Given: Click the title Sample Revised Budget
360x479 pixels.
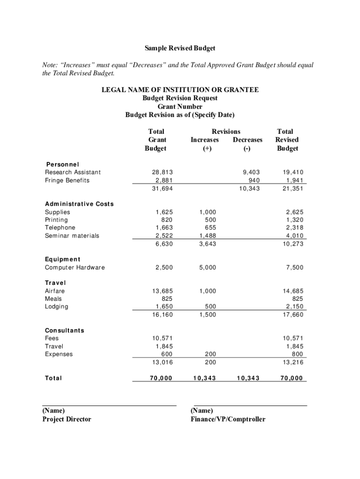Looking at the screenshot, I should coord(180,49).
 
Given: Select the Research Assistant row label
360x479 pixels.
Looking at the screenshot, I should coord(72,172).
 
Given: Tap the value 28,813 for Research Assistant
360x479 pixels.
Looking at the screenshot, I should coord(159,172).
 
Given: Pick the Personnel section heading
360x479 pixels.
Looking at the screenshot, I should coord(62,164).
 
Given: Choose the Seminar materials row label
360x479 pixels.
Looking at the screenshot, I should coord(72,236).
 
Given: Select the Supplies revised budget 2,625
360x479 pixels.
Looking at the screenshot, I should coord(293,212).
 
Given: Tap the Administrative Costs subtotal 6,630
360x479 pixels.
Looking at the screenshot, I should coord(159,244).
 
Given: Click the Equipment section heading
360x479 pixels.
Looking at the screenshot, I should coord(62,259).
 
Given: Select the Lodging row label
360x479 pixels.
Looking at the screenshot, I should coord(56,306).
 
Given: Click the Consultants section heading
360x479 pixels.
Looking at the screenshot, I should coord(65,330).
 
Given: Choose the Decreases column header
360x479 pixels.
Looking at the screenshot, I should coord(248,140).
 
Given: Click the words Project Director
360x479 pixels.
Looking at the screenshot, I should coord(67,419).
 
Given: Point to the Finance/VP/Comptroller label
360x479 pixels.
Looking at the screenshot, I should coord(228,419).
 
